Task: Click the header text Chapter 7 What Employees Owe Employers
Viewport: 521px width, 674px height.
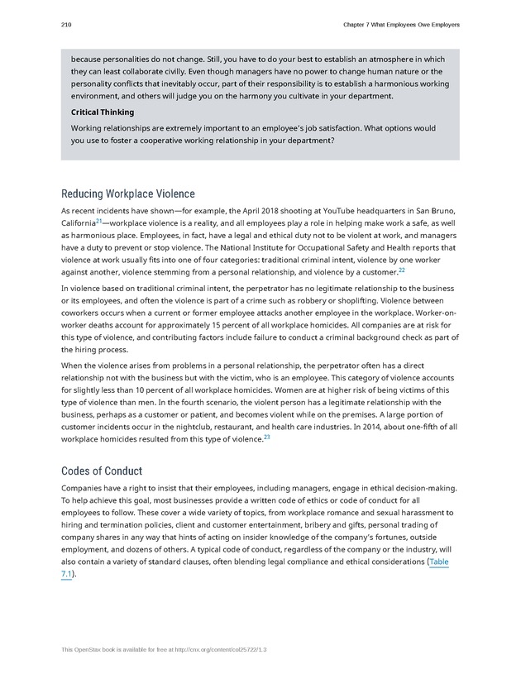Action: pyautogui.click(x=400, y=25)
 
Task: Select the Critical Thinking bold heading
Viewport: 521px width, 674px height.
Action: pyautogui.click(x=103, y=112)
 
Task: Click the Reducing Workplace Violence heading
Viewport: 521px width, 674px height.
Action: pyautogui.click(x=128, y=194)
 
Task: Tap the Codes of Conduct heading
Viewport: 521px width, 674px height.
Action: pyautogui.click(x=102, y=471)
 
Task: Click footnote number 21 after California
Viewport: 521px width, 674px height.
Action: pyautogui.click(x=99, y=221)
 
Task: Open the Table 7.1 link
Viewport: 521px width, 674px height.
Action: pyautogui.click(x=438, y=562)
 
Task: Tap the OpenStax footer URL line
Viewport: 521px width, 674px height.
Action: pyautogui.click(x=164, y=650)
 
